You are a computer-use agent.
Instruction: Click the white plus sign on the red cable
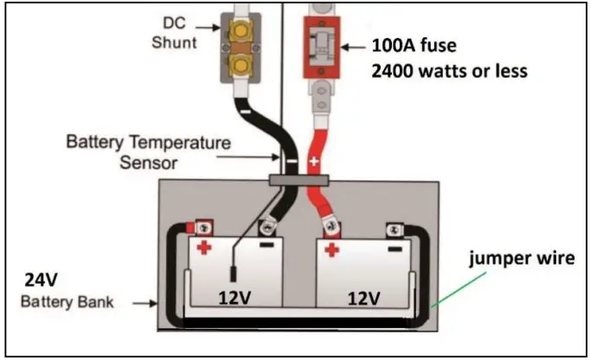(315, 162)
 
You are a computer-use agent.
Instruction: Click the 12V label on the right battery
(362, 299)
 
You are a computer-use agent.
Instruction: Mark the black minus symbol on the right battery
(394, 247)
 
